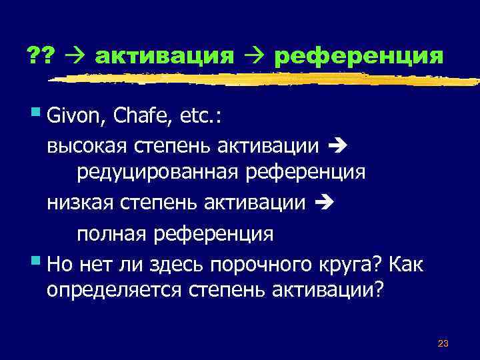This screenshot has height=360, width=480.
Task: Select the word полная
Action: [112, 233]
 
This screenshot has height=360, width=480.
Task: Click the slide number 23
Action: [442, 343]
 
